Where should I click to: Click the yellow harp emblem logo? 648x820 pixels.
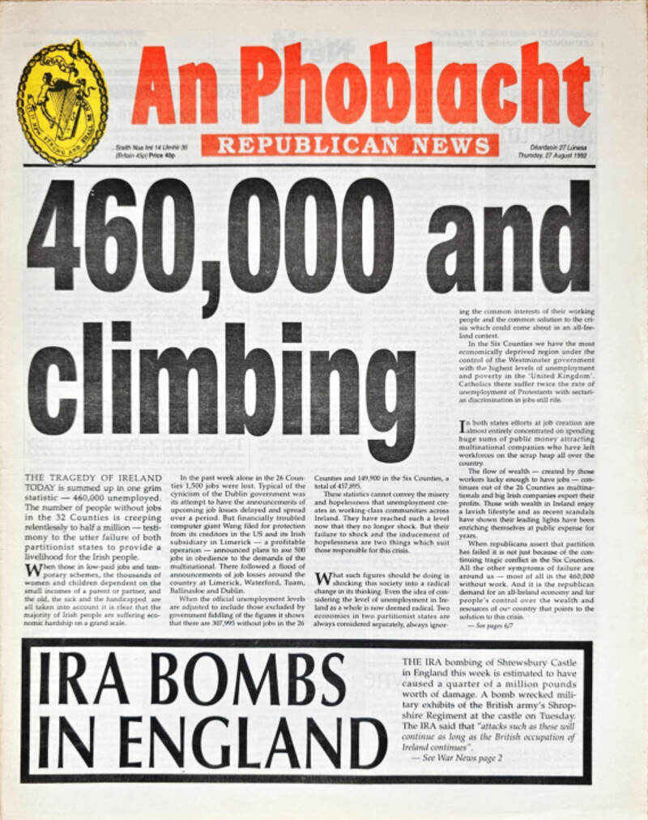click(62, 102)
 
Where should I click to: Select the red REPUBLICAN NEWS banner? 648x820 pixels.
click(349, 145)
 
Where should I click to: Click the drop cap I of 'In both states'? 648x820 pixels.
click(463, 425)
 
